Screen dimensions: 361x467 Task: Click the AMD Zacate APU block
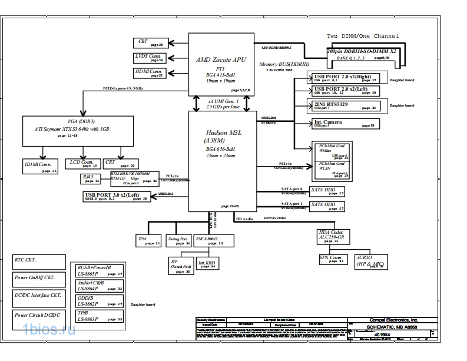click(221, 65)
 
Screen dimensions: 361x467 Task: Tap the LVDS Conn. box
click(148, 57)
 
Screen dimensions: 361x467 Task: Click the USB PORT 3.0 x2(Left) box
click(116, 196)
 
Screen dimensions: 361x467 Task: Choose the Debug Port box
click(178, 241)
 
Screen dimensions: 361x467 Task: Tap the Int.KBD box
click(207, 264)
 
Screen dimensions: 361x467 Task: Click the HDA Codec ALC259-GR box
click(333, 236)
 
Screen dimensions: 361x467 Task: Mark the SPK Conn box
click(333, 259)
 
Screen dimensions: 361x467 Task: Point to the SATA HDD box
click(327, 191)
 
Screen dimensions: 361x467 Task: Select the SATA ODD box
click(327, 207)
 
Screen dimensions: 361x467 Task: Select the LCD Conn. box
click(81, 163)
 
